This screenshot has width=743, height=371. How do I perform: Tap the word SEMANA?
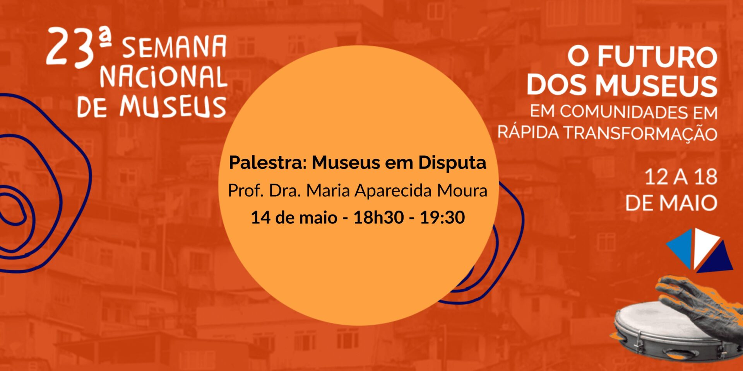(x=174, y=48)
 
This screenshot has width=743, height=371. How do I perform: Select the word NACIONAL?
(x=163, y=77)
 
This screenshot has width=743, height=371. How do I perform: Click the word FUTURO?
(x=657, y=57)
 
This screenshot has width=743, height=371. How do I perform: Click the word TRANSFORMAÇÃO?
(x=640, y=133)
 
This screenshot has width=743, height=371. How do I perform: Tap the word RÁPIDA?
(x=528, y=132)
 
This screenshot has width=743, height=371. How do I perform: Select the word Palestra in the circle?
(x=267, y=162)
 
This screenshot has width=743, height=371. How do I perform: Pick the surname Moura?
(x=462, y=191)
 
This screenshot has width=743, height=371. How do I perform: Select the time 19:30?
(x=442, y=217)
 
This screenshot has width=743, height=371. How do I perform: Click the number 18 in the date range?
(x=705, y=177)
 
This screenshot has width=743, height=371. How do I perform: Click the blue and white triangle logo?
(x=699, y=250)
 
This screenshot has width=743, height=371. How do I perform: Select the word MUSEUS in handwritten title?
(x=173, y=106)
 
